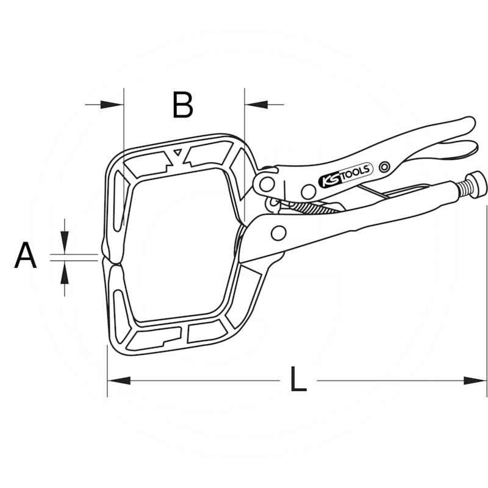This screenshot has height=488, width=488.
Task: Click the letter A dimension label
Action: (25, 255)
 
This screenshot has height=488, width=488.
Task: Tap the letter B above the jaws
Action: (182, 104)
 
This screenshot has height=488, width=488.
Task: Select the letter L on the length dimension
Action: (298, 379)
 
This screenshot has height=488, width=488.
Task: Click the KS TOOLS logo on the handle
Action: (345, 176)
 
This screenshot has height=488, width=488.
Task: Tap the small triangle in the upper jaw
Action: (178, 152)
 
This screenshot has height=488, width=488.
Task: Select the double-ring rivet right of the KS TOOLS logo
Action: (385, 167)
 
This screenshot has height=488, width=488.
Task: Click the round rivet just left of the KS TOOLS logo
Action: (308, 192)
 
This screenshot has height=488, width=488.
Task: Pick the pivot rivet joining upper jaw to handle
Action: (267, 184)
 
